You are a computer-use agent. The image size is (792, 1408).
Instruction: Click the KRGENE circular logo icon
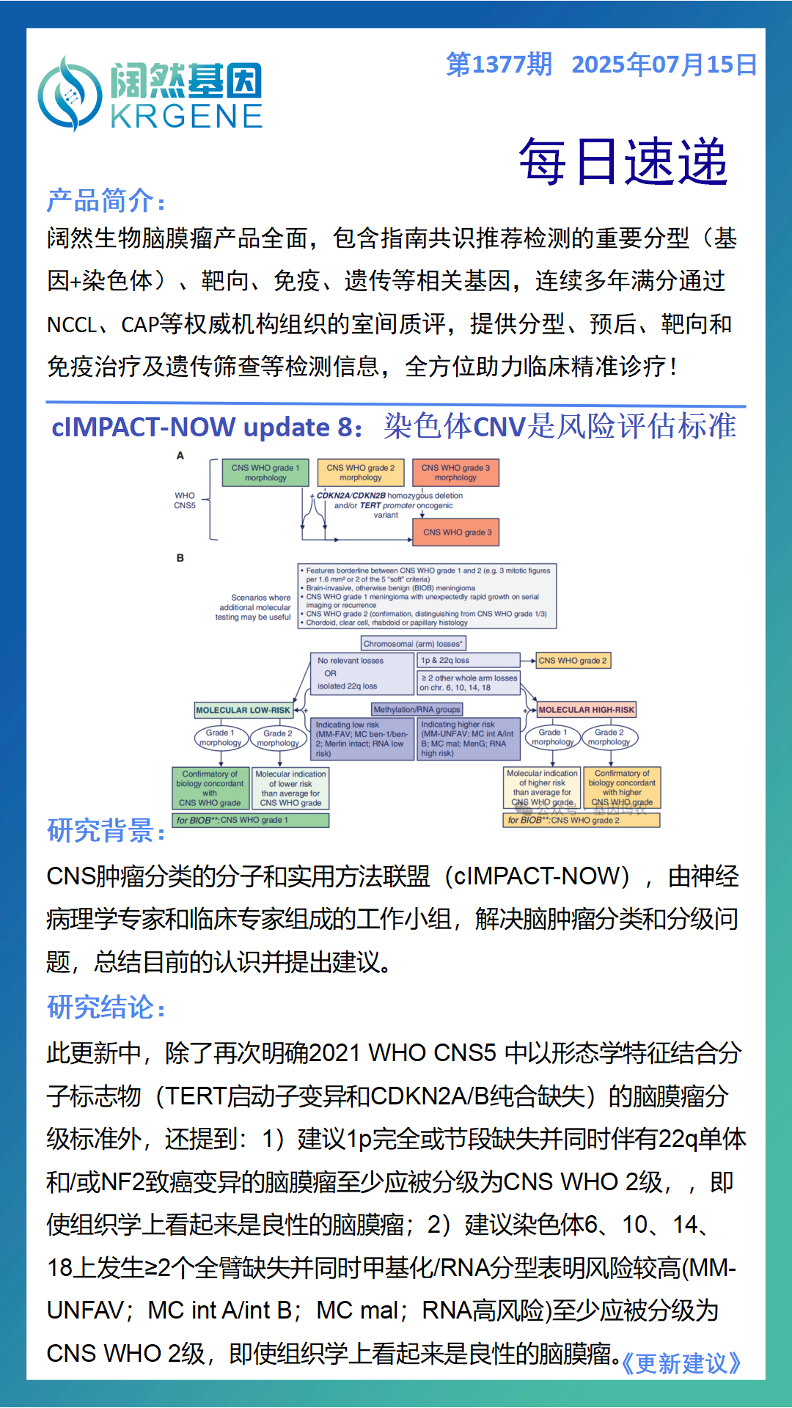70,94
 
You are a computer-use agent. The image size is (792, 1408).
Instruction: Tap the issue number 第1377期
499,65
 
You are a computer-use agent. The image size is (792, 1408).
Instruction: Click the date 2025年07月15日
664,65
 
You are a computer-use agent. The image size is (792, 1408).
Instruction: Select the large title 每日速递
623,161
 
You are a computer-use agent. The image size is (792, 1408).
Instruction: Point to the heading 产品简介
106,200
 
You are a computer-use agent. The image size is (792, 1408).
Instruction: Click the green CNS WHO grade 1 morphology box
265,473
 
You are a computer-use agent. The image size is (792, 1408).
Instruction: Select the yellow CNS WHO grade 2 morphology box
360,473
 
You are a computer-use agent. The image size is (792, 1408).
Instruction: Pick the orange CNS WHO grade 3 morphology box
455,473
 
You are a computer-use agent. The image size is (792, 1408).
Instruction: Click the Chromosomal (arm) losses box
413,644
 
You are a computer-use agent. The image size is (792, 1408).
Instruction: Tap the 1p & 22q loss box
468,661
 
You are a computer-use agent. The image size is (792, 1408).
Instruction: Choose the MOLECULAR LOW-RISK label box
243,710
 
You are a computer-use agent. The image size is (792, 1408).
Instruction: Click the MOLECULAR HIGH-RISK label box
586,710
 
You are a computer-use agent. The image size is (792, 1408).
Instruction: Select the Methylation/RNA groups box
417,709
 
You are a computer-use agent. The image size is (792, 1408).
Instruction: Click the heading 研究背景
106,831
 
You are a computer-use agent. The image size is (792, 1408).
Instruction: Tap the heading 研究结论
106,1008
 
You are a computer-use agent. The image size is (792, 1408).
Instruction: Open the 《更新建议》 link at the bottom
681,1363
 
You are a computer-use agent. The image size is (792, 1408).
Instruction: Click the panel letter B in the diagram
180,558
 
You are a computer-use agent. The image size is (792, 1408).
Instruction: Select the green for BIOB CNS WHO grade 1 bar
250,820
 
